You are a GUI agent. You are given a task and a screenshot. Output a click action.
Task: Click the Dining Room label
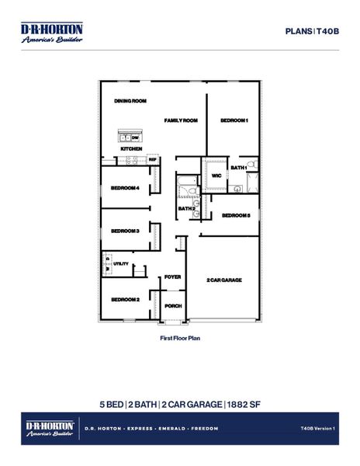pos(130,101)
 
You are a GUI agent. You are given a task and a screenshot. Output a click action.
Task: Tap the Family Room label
pos(181,120)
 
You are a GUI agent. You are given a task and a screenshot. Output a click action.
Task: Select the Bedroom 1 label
pos(234,120)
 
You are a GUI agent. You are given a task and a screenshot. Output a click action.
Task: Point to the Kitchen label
pos(130,148)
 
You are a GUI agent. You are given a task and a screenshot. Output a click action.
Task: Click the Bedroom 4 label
pos(125,188)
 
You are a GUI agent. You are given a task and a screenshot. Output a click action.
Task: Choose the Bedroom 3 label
pos(125,231)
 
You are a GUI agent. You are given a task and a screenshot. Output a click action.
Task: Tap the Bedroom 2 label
pos(125,299)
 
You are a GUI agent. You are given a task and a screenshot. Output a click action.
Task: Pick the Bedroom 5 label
pos(236,215)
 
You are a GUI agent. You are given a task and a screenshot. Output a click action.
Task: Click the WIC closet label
pos(216,176)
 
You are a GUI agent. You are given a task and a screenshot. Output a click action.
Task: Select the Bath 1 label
pos(238,168)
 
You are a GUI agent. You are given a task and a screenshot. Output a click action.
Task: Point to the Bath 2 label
pos(186,208)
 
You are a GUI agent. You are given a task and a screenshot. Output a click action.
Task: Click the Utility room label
pos(121,264)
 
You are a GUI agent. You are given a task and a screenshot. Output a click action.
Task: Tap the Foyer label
pos(172,277)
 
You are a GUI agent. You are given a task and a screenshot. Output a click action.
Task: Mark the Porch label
pos(174,306)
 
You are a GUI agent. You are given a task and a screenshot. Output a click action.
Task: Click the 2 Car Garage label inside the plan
pos(224,280)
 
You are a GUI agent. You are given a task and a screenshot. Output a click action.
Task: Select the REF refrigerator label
pos(153,159)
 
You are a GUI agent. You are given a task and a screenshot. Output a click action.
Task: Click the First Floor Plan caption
pos(180,339)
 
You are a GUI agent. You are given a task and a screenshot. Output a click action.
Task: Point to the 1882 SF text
pos(243,404)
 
